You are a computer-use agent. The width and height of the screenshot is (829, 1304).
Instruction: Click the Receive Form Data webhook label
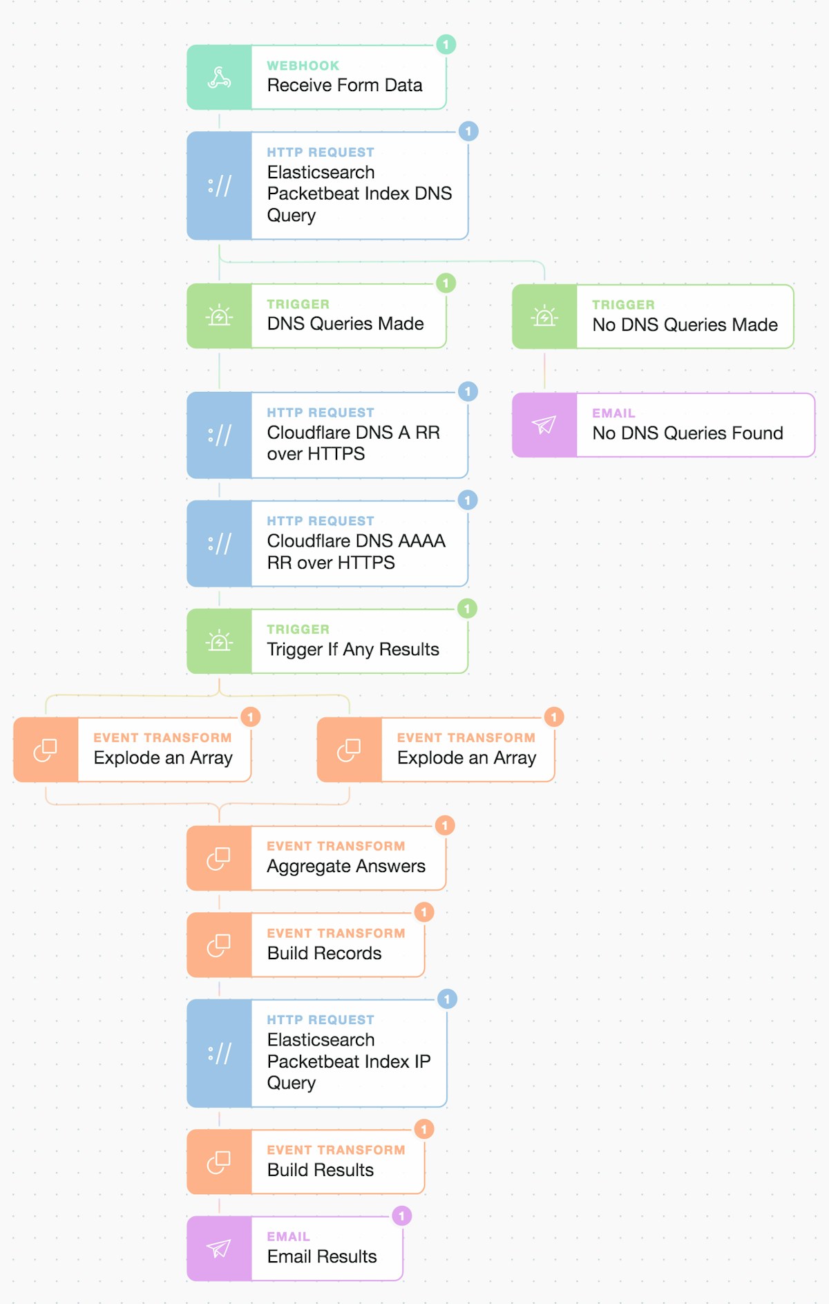(344, 86)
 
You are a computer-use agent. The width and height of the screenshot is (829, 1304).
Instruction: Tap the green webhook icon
(219, 77)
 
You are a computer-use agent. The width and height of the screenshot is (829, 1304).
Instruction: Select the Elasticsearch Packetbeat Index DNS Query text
(359, 193)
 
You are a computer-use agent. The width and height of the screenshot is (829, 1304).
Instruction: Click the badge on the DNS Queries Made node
(446, 283)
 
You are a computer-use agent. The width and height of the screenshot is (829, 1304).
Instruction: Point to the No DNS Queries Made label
(685, 325)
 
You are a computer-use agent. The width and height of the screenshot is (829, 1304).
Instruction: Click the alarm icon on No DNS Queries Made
(544, 316)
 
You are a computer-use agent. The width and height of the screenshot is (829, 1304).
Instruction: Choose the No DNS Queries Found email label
(687, 433)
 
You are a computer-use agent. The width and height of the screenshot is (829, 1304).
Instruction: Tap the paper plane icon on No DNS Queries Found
(544, 425)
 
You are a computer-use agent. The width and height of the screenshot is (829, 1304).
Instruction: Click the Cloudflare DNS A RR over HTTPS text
(353, 443)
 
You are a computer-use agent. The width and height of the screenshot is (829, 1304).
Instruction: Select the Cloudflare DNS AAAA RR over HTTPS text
(356, 551)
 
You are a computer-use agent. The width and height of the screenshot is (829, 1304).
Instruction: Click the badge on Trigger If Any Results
(467, 609)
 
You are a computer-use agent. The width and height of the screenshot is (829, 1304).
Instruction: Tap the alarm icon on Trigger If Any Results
(219, 641)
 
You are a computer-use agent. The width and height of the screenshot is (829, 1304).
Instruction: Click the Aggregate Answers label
(345, 867)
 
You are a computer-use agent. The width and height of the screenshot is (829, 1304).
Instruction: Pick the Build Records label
(324, 954)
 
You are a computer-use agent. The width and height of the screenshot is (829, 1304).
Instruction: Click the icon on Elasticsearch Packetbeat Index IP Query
(219, 1053)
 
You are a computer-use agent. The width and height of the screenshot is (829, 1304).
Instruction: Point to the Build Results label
(320, 1170)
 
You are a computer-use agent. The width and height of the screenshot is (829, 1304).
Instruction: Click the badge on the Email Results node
(401, 1216)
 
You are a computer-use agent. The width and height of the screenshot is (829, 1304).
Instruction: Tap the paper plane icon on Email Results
(219, 1249)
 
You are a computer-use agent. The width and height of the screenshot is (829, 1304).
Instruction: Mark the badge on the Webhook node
(446, 45)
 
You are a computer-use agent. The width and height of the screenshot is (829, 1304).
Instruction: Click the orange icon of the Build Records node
(219, 945)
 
